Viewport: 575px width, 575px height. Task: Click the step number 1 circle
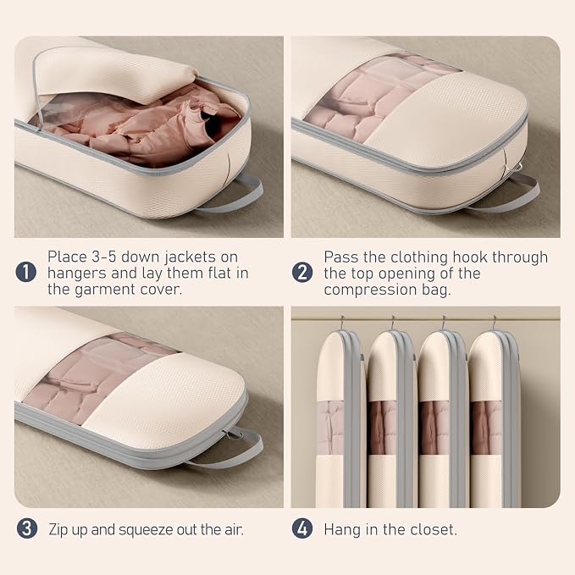[x=26, y=272]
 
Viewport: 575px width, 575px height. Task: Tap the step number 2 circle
[x=302, y=273]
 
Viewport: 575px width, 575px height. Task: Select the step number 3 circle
[x=27, y=528]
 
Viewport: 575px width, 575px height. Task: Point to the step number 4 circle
[x=302, y=528]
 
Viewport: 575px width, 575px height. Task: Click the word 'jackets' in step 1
[x=191, y=257]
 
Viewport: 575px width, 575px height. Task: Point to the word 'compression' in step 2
[x=370, y=290]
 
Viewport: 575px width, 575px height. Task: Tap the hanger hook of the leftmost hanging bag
[x=342, y=323]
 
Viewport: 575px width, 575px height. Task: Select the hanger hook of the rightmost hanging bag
[x=495, y=323]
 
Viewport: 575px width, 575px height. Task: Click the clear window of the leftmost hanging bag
[x=330, y=428]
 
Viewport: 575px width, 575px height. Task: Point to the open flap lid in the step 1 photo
[x=113, y=74]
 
